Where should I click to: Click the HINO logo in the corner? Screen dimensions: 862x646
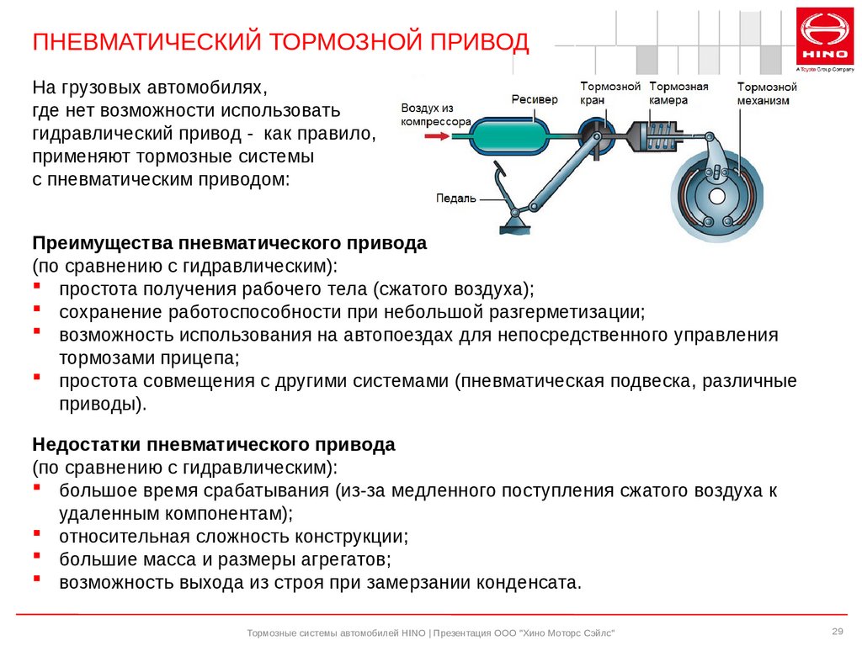825,36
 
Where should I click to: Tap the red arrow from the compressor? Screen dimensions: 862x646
437,135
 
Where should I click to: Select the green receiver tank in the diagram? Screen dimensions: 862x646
509,135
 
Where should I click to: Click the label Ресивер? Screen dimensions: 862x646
535,99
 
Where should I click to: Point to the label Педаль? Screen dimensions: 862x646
455,199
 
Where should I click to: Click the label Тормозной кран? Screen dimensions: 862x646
610,93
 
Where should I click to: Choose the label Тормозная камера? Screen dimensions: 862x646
678,93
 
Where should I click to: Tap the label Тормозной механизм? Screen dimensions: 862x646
767,94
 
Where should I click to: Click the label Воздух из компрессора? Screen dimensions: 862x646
435,114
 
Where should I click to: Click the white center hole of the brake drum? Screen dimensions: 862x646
717,196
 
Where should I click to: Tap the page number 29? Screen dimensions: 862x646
838,631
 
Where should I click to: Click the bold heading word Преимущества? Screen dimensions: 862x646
102,243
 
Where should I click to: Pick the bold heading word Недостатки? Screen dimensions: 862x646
87,444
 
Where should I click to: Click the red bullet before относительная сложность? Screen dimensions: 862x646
37,532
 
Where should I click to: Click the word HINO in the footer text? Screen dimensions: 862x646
413,633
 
